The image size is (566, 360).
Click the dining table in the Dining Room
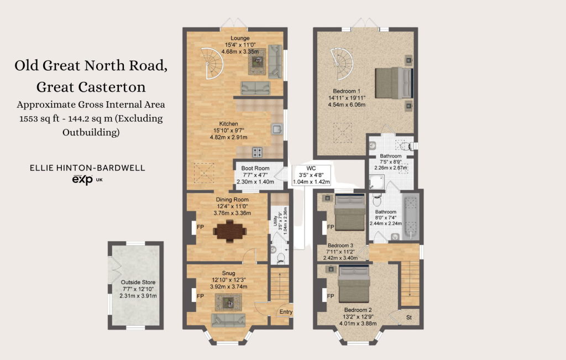(x=230, y=231)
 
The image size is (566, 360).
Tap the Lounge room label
(x=240, y=38)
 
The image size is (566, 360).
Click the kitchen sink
(x=277, y=129)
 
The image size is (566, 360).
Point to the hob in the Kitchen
(x=258, y=153)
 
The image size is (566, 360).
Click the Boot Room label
(x=255, y=168)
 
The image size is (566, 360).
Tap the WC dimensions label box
(x=311, y=175)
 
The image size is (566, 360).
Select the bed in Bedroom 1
(x=394, y=83)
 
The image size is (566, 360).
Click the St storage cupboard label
(x=409, y=317)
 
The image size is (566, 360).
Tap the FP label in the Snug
(x=200, y=296)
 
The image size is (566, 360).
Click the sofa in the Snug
(x=228, y=320)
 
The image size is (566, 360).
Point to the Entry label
(x=286, y=312)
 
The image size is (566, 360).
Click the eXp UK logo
(x=87, y=180)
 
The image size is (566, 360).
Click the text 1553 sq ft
(x=39, y=118)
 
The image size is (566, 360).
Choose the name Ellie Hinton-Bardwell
(x=87, y=168)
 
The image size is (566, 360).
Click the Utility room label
(x=275, y=221)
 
